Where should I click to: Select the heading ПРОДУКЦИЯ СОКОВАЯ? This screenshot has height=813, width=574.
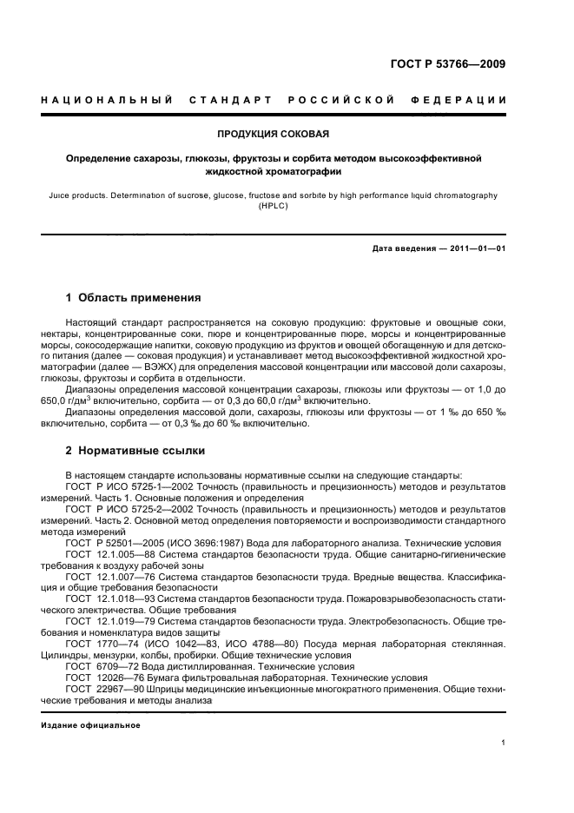click(274, 134)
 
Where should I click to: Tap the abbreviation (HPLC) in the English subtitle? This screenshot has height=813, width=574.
click(274, 207)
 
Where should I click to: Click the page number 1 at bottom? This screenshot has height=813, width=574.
click(504, 743)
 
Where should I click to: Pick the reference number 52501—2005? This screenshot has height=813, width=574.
click(129, 543)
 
